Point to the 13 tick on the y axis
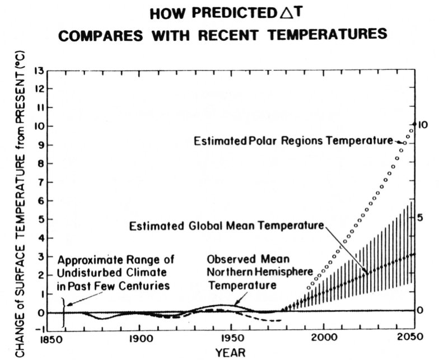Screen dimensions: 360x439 pos(39,71)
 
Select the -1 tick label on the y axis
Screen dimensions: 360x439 pos(38,330)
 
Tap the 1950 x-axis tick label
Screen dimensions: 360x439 pos(231,340)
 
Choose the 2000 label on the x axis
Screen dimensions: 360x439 pos(322,340)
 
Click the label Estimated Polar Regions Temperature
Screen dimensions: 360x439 pos(293,142)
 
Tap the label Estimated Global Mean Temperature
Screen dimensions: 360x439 pos(227,226)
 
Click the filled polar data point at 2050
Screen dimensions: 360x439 pos(414,124)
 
